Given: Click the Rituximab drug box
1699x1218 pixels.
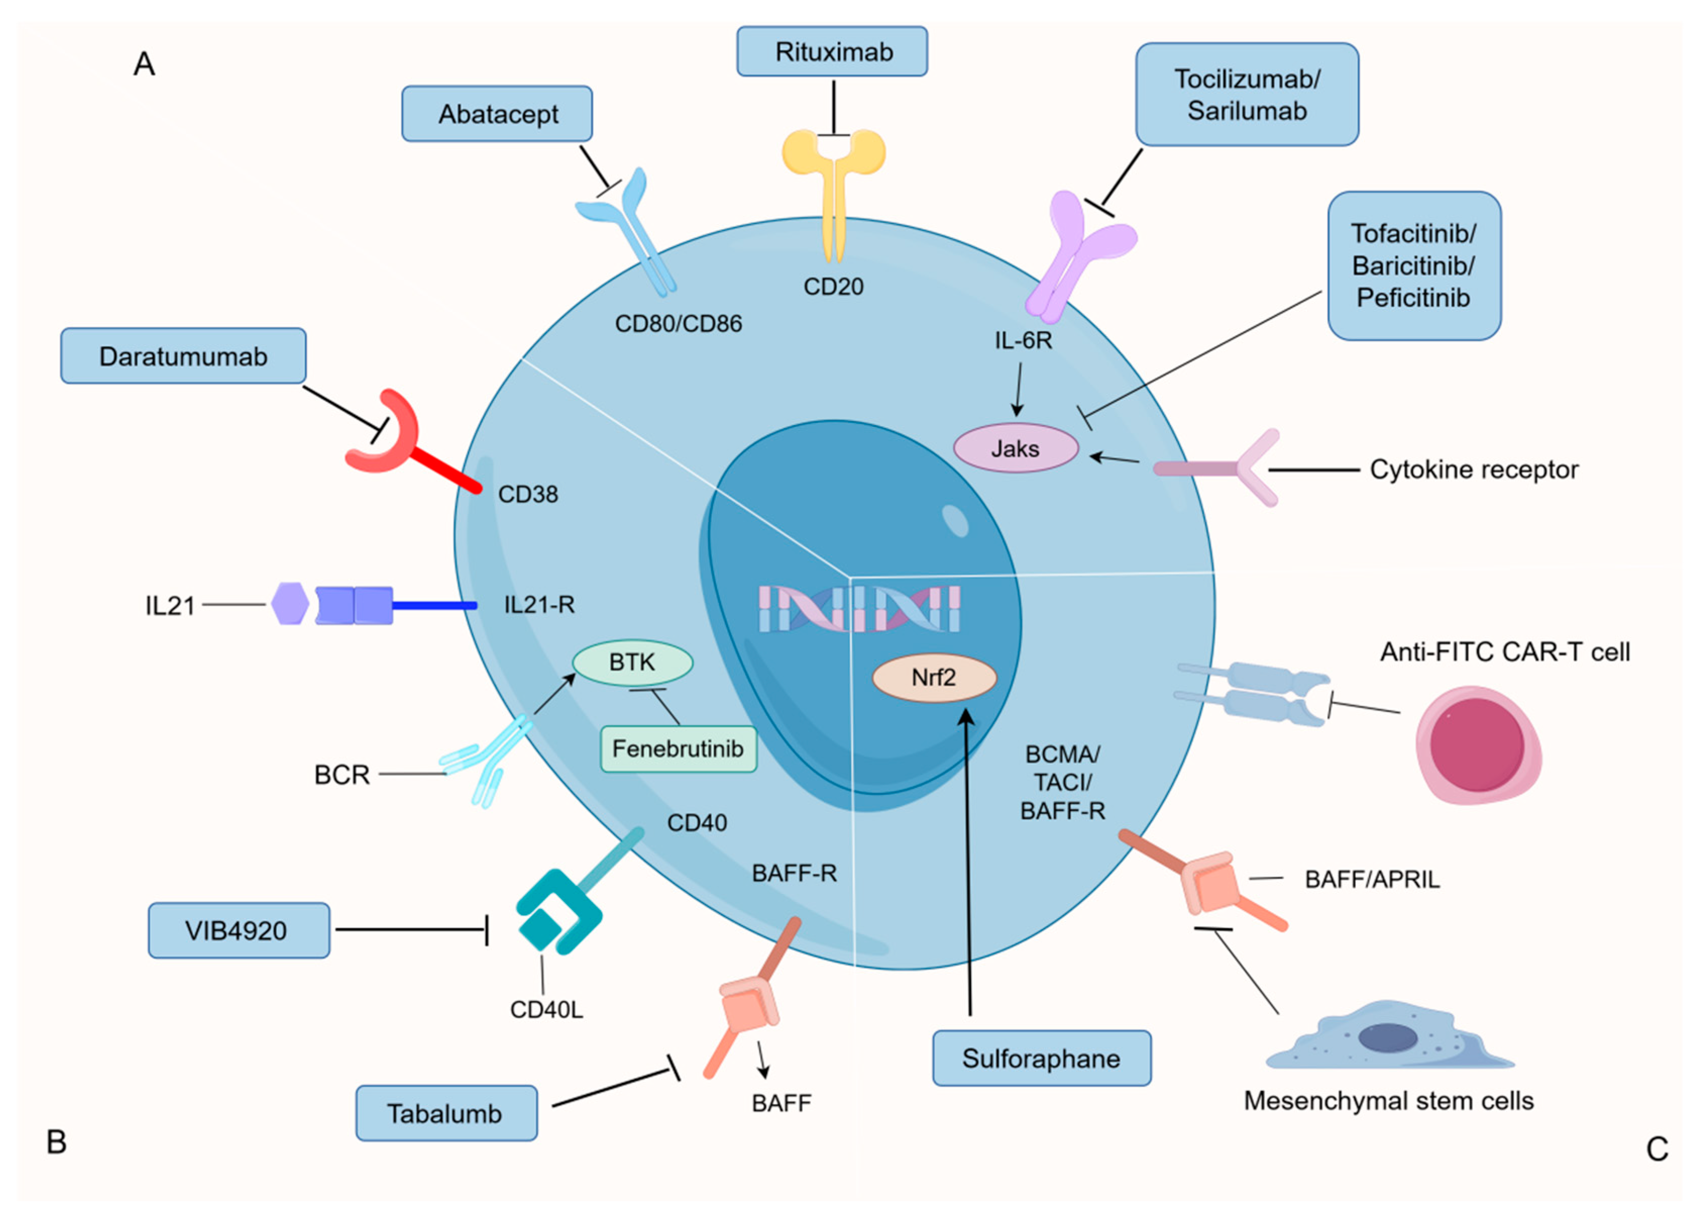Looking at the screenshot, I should tap(832, 51).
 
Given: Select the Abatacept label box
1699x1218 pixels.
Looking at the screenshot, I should tap(498, 114).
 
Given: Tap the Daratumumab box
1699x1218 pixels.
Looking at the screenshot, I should tap(184, 356).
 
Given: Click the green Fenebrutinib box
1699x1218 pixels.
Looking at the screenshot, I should tap(678, 748).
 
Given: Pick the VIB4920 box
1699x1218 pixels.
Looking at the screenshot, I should tap(238, 930).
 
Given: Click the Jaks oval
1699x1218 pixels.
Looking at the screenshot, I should tap(1016, 448).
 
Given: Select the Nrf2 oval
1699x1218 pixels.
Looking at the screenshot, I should tap(934, 677).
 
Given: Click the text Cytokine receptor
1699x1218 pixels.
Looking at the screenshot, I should tap(1473, 470).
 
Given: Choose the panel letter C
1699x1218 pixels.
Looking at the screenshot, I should tap(1656, 1149).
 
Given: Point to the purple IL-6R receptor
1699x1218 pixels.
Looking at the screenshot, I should tap(1079, 251).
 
